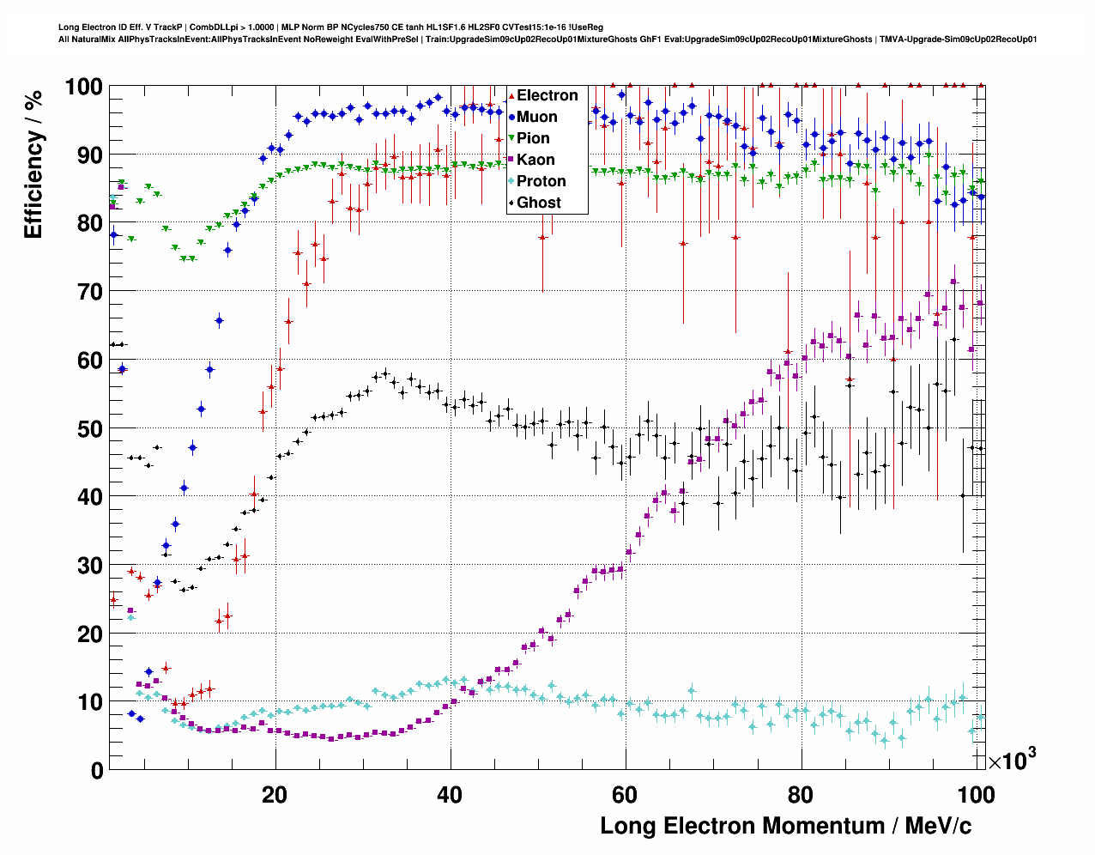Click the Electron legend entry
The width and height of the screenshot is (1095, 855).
pyautogui.click(x=547, y=95)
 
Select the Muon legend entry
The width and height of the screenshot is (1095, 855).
pyautogui.click(x=536, y=117)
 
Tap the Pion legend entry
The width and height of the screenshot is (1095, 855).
pyautogui.click(x=533, y=138)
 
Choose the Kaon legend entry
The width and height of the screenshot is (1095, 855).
pyautogui.click(x=535, y=160)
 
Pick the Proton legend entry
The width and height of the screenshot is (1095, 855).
pyautogui.click(x=541, y=181)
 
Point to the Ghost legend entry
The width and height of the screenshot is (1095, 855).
pyautogui.click(x=538, y=203)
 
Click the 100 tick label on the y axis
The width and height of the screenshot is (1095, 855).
pyautogui.click(x=84, y=88)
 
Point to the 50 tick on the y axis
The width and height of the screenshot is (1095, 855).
pyautogui.click(x=90, y=428)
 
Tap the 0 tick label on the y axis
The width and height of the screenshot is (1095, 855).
pyautogui.click(x=96, y=770)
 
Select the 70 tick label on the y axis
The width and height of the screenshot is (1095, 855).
pyautogui.click(x=90, y=292)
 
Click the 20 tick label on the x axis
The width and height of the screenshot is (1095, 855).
pyautogui.click(x=275, y=795)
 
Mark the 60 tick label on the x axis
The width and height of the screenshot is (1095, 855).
pyautogui.click(x=625, y=795)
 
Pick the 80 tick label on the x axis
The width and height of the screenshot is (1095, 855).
pyautogui.click(x=801, y=795)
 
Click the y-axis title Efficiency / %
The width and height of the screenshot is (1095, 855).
pyautogui.click(x=33, y=164)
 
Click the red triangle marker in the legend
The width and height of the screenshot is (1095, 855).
pyautogui.click(x=511, y=95)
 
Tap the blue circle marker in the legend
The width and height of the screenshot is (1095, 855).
pyautogui.click(x=511, y=117)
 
